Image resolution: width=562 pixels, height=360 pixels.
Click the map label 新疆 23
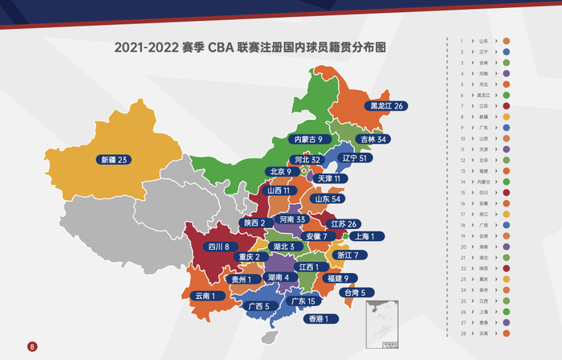point(112,159)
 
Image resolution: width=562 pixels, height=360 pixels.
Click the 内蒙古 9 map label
point(308,139)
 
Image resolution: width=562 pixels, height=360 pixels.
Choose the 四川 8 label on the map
point(219,247)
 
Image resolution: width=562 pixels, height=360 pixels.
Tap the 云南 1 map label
point(206,296)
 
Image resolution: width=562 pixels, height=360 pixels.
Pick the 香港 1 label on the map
point(320,318)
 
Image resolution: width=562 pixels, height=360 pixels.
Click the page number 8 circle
point(32,346)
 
